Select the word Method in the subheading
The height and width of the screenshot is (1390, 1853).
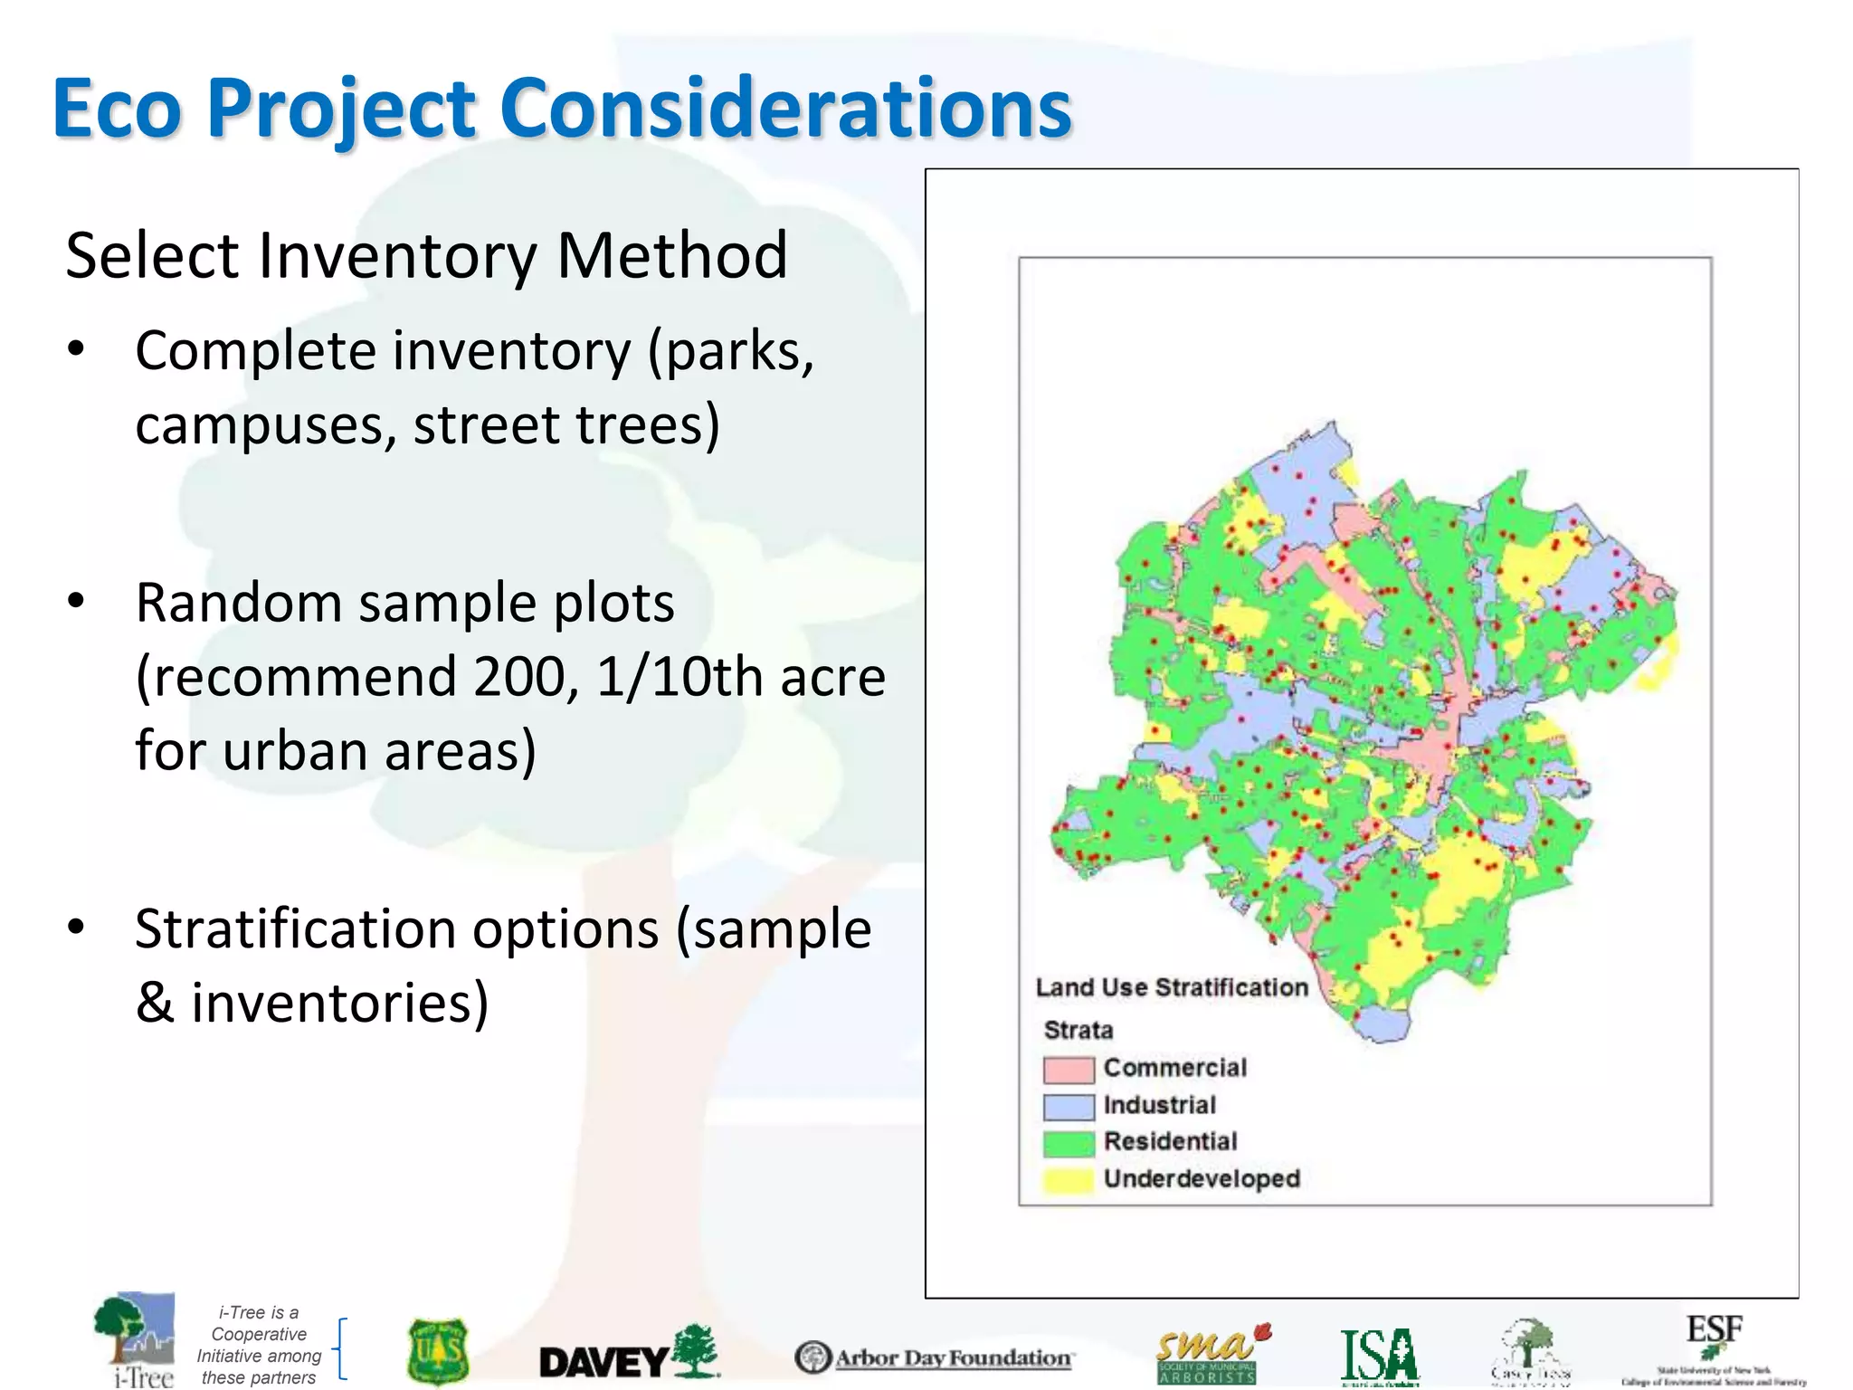671,256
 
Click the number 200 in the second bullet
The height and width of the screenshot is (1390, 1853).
525,677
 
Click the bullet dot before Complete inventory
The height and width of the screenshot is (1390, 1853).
76,349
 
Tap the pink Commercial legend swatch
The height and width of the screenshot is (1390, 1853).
1069,1070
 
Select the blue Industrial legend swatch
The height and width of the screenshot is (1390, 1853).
1069,1107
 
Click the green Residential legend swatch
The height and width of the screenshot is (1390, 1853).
1069,1143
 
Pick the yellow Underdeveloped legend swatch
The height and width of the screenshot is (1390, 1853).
1069,1180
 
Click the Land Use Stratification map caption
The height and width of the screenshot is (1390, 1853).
1172,987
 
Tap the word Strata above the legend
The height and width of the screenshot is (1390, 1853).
1079,1031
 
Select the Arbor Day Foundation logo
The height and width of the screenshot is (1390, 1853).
934,1357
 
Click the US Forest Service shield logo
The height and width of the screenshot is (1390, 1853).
438,1352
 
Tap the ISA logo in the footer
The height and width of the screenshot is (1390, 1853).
1380,1357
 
